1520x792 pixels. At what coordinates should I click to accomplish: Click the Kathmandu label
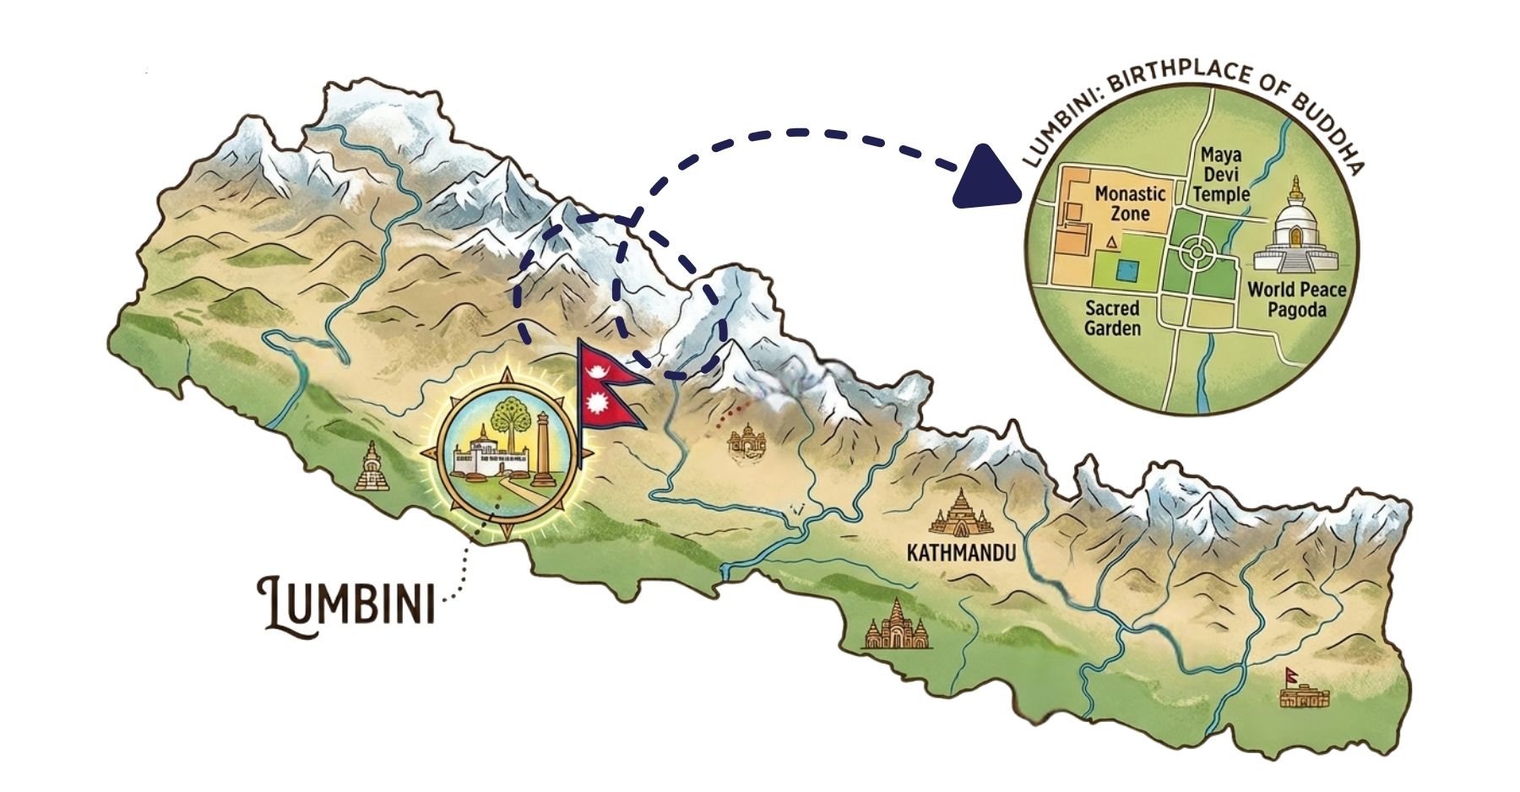[959, 553]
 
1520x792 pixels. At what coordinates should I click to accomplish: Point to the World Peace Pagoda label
[1296, 300]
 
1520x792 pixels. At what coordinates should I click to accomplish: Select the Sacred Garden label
[1112, 318]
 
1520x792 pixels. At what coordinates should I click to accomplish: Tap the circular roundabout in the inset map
[1196, 251]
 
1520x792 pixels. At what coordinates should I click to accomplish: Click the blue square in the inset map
[1126, 271]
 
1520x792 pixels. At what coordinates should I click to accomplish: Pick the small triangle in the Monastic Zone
[1112, 243]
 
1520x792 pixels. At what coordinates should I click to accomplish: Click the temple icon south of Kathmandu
[897, 626]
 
